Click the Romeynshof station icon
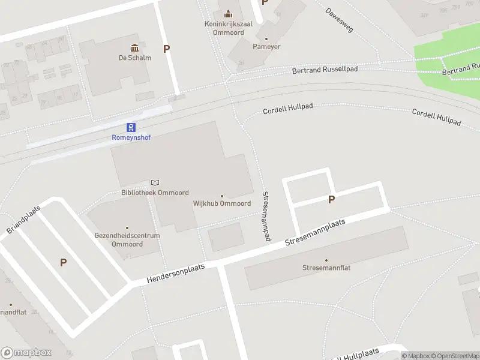(131, 127)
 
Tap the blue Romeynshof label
(131, 137)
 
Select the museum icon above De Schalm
(134, 48)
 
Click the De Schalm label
(134, 58)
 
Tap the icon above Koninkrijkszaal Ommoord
(227, 13)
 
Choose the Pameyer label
(266, 46)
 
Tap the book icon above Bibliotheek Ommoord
(155, 182)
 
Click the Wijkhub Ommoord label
(221, 203)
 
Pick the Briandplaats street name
(23, 223)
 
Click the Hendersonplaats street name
(175, 274)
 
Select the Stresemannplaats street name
(315, 232)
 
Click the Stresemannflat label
(326, 268)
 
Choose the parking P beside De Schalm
(166, 49)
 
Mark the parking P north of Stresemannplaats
(331, 200)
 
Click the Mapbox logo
(26, 353)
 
